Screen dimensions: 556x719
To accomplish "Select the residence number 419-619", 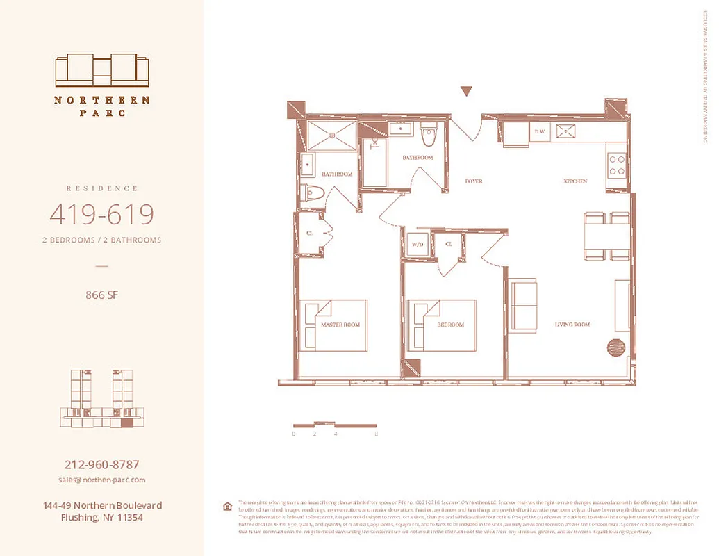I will (x=101, y=215).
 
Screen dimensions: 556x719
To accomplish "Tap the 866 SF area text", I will (x=101, y=295).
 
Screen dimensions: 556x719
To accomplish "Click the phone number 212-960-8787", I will (x=101, y=464).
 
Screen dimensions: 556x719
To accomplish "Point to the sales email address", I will (x=101, y=480).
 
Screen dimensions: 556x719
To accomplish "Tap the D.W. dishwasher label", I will (x=540, y=131).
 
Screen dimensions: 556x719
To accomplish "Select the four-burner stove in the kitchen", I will (x=616, y=164).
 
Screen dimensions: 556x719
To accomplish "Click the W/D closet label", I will (x=418, y=245).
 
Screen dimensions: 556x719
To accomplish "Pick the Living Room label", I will (x=572, y=325).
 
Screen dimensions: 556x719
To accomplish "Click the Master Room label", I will (x=340, y=325).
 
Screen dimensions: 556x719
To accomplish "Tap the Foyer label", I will (x=473, y=181).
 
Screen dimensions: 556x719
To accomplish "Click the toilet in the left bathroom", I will (x=312, y=192).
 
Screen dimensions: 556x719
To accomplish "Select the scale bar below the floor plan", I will (x=334, y=425).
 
